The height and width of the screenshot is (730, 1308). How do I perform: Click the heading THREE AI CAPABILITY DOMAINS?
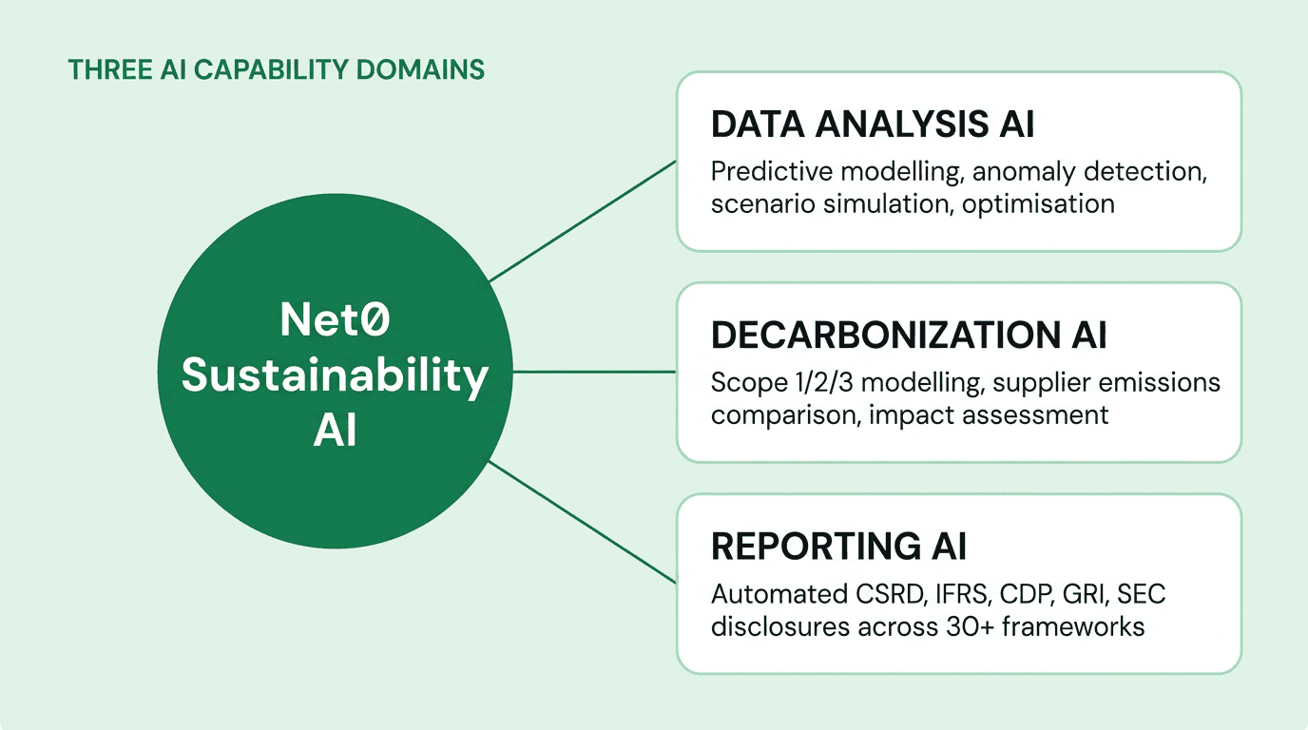[276, 69]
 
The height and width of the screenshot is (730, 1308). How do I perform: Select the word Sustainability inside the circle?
[335, 375]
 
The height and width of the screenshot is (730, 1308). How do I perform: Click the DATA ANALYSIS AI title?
[873, 126]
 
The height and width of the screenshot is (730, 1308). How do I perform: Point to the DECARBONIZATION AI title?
[909, 336]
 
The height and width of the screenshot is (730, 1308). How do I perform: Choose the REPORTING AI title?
[838, 547]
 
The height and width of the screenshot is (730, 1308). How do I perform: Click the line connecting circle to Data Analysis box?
[582, 221]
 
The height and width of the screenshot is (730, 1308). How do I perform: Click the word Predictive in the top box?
[768, 172]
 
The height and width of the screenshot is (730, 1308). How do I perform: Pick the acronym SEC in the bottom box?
[1142, 595]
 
